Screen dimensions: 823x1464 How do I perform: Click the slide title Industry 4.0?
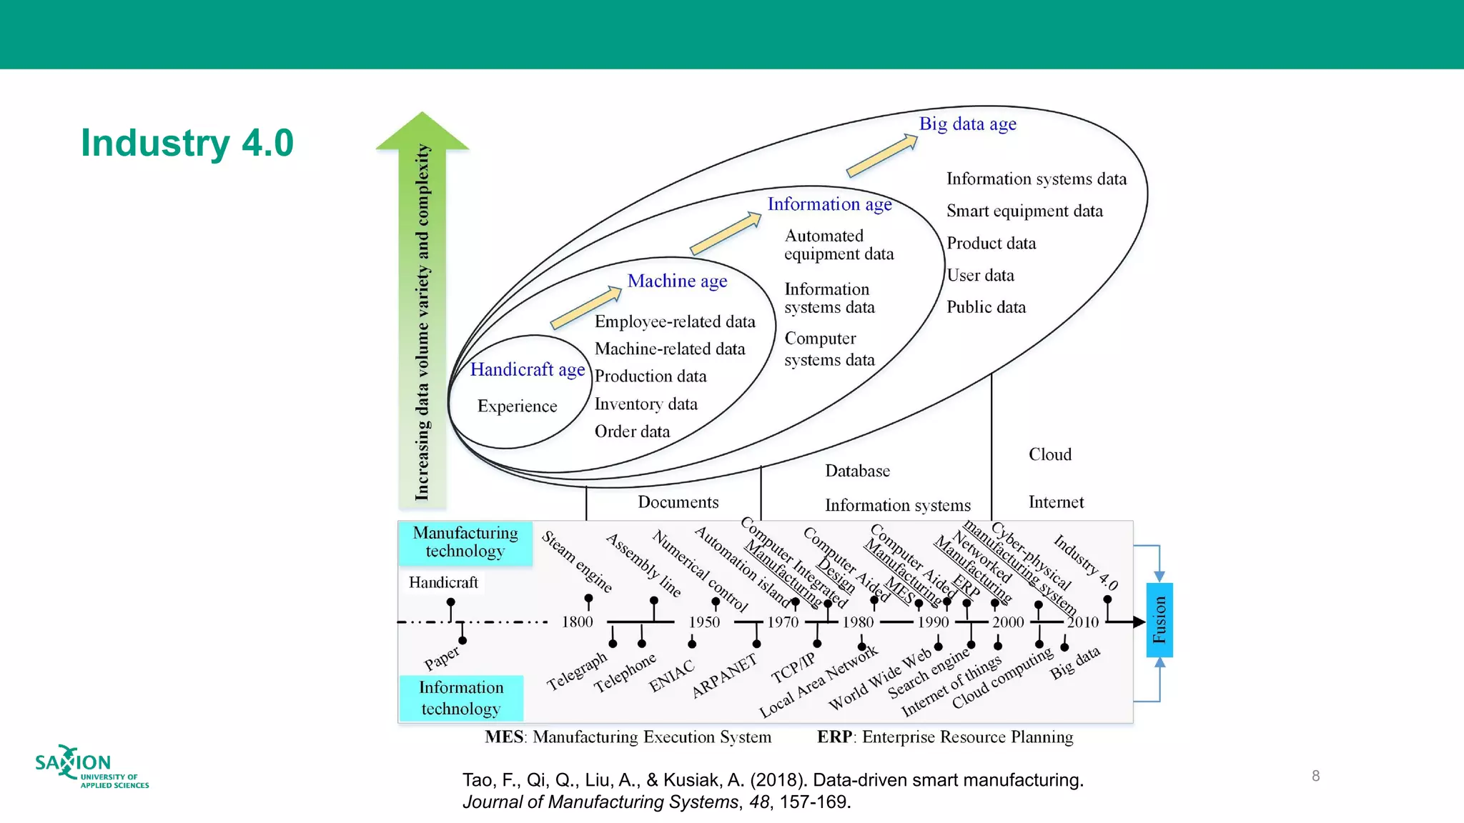point(187,143)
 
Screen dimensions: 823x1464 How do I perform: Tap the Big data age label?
point(967,124)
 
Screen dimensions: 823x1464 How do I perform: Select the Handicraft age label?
point(527,370)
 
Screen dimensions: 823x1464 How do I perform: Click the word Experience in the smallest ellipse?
point(517,406)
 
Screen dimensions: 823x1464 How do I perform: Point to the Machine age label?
point(677,281)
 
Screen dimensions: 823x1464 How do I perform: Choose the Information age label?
point(829,205)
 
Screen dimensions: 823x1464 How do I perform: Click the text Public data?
point(986,307)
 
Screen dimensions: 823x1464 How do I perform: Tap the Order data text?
point(632,432)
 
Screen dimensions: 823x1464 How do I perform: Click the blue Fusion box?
point(1159,620)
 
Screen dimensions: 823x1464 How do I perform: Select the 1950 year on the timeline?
point(704,622)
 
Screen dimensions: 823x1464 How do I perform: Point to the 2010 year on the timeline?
point(1082,622)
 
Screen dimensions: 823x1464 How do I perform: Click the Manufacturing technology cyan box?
point(465,542)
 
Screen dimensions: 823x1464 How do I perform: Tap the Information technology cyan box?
point(461,698)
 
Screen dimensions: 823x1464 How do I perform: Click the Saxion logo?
point(91,767)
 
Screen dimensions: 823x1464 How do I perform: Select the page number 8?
point(1315,776)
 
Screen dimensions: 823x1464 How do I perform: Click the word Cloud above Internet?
point(1049,455)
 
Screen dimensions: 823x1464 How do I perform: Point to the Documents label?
point(678,502)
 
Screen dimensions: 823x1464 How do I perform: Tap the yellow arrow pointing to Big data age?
point(881,156)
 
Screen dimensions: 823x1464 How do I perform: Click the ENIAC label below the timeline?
point(671,677)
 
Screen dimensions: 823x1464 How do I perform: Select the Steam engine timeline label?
point(577,562)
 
